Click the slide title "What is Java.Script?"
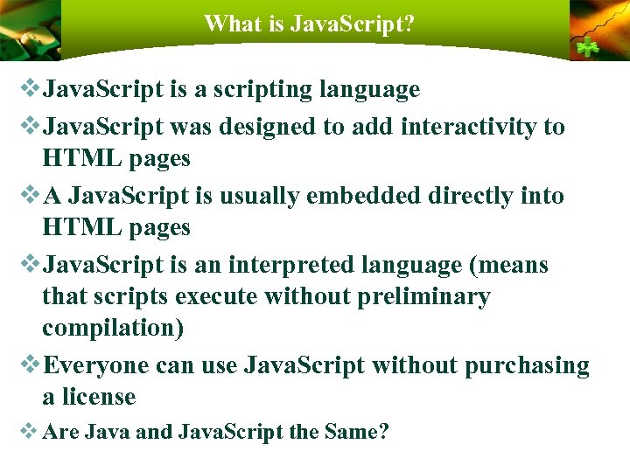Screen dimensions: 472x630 (309, 24)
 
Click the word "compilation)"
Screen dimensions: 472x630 (113, 330)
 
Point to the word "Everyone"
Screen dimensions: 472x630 (95, 365)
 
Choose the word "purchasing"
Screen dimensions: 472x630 (527, 365)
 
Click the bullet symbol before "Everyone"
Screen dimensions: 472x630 (29, 364)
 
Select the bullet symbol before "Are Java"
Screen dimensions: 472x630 (29, 431)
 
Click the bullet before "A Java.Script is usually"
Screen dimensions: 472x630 (29, 195)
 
